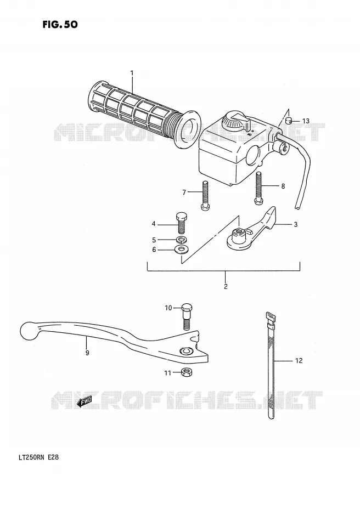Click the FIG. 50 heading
click(60, 24)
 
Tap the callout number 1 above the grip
click(132, 73)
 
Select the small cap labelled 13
click(288, 122)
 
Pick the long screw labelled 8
click(258, 188)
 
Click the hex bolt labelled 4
click(181, 223)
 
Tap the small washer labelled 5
click(181, 240)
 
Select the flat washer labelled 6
click(181, 250)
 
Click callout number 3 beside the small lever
click(295, 224)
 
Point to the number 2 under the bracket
click(226, 286)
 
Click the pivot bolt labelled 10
click(187, 316)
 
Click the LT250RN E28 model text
click(37, 458)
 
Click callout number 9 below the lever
click(87, 353)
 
